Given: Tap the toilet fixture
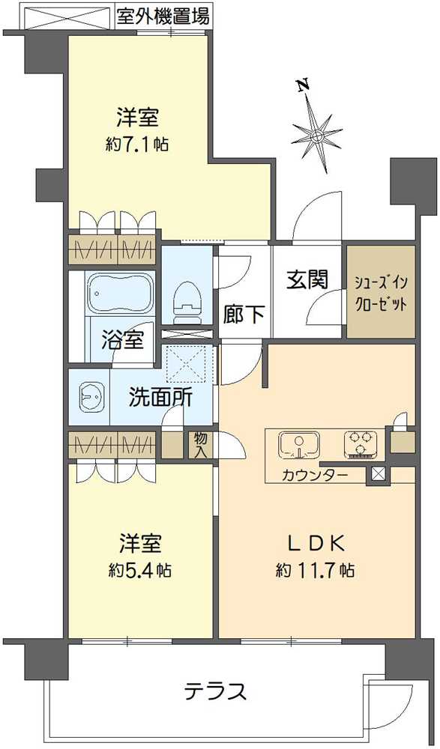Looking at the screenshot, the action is pyautogui.click(x=187, y=301).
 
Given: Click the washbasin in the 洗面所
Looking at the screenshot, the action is pyautogui.click(x=90, y=396).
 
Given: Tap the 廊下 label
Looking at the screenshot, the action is pyautogui.click(x=244, y=315).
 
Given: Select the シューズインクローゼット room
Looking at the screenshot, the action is pyautogui.click(x=381, y=291).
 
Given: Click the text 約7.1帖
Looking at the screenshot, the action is pyautogui.click(x=136, y=144).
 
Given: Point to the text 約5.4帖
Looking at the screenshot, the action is pyautogui.click(x=140, y=569).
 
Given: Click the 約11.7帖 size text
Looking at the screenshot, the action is pyautogui.click(x=315, y=569).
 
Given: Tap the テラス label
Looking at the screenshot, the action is pyautogui.click(x=216, y=691).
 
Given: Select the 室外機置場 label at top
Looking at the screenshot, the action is pyautogui.click(x=163, y=17).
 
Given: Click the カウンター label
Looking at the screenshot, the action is pyautogui.click(x=315, y=476).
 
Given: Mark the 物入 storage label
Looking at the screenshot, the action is pyautogui.click(x=200, y=445).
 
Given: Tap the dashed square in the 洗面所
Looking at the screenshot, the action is pyautogui.click(x=186, y=364).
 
